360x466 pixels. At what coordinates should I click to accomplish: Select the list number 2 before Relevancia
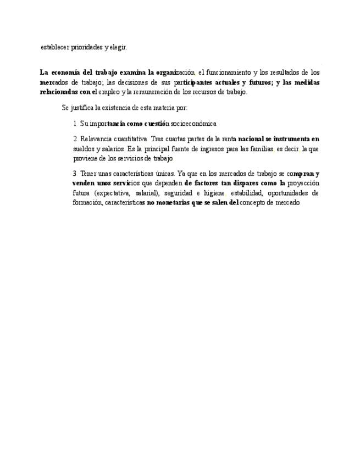click(x=75, y=140)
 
